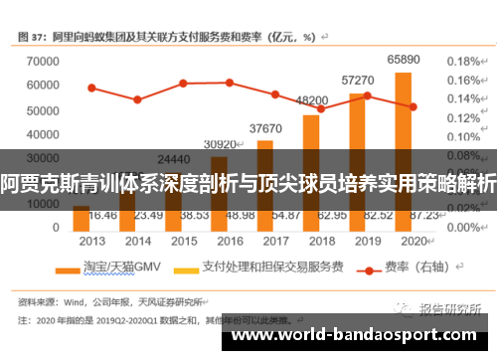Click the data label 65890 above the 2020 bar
403,60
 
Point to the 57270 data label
358,80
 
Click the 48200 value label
312,100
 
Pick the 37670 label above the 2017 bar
265,128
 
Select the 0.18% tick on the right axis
464,61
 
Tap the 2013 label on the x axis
91,241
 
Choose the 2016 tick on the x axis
229,241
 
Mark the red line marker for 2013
91,88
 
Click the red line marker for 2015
183,83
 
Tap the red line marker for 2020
413,106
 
